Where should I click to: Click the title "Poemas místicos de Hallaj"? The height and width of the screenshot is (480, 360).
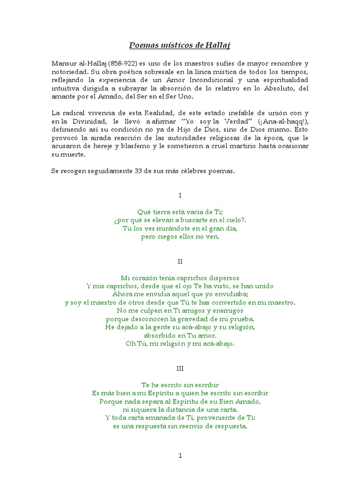180,45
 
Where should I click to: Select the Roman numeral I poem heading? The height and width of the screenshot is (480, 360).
180,195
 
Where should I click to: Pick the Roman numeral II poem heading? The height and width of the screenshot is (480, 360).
180,261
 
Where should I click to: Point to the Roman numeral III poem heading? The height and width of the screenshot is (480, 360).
180,369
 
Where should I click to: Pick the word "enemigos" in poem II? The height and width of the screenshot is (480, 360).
228,310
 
